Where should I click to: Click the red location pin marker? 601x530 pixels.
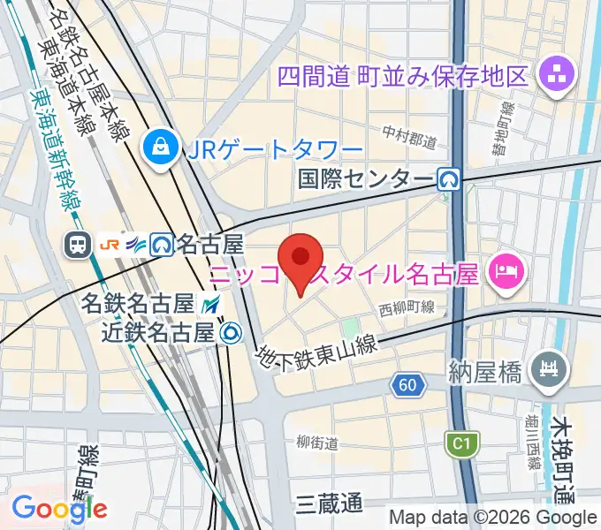click(x=300, y=259)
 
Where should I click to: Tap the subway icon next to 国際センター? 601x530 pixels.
click(x=450, y=180)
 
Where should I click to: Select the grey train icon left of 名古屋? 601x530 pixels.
click(x=79, y=243)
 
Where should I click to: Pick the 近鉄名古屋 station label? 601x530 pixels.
click(x=157, y=332)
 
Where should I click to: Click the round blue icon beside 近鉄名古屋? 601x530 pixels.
click(x=231, y=332)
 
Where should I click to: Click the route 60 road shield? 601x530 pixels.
click(x=407, y=384)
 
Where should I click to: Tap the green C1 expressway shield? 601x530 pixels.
click(x=460, y=443)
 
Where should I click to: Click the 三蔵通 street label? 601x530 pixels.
click(x=329, y=504)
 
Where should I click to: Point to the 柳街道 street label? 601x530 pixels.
click(x=317, y=443)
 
